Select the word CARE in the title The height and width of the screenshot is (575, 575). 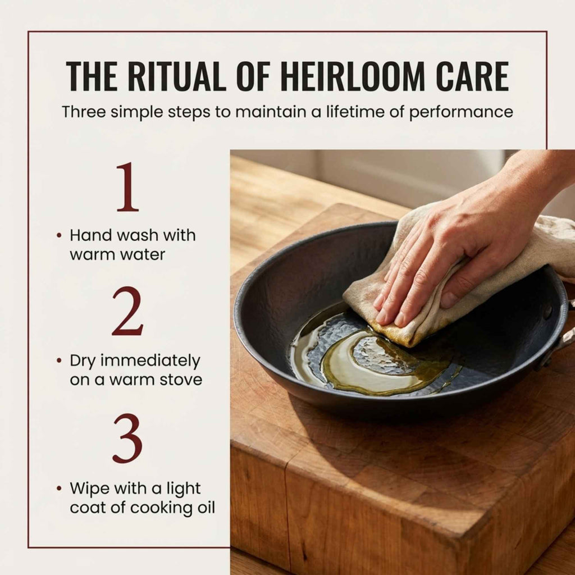pos(472,76)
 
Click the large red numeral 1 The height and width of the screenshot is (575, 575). pos(127,187)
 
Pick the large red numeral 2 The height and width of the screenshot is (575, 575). pos(127,311)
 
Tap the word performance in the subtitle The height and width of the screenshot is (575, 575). pos(461,112)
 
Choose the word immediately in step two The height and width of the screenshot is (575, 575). pos(150,361)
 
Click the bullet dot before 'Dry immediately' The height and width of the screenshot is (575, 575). pos(59,361)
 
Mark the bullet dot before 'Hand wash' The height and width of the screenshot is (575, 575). pos(59,235)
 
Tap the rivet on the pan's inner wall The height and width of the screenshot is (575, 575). pos(547,312)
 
